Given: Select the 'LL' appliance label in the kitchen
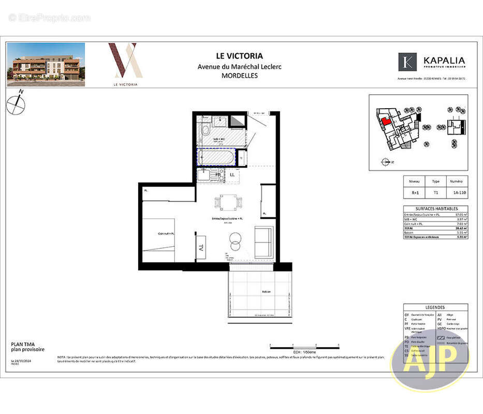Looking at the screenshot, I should [x=232, y=175].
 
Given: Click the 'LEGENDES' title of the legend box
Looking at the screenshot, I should [x=435, y=307].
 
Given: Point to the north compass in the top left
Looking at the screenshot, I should [x=16, y=103].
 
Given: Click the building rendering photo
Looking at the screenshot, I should [x=46, y=64].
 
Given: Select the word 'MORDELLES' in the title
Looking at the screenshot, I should [x=239, y=75].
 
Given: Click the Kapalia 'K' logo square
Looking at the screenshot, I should [x=407, y=62].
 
